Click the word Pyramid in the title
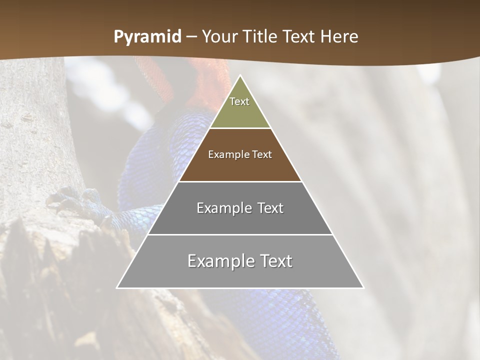[147, 37]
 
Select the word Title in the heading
[260, 36]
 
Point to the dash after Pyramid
[191, 37]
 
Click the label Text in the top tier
[239, 101]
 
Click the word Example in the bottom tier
[220, 261]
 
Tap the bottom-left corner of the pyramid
[117, 287]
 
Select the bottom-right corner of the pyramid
[363, 287]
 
